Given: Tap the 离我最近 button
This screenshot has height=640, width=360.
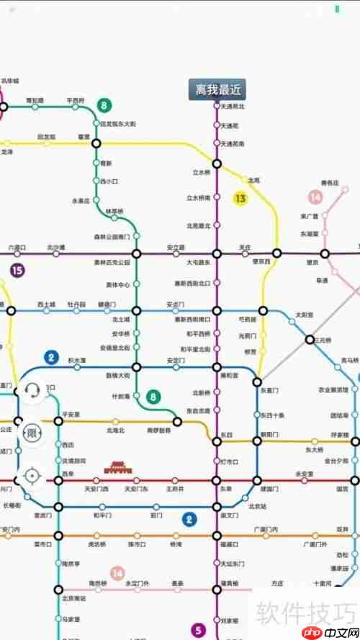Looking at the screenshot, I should [217, 89].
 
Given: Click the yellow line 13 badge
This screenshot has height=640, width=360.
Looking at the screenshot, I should [240, 197].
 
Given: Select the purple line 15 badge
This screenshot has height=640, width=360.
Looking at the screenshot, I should [17, 271].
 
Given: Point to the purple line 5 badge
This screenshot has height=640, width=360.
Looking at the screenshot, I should [199, 629].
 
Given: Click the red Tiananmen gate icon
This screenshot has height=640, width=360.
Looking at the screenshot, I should [117, 468].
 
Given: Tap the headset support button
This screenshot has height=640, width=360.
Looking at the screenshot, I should [32, 390].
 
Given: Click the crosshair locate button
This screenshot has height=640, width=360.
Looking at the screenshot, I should [32, 475].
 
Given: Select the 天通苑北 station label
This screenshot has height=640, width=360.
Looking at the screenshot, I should [233, 107].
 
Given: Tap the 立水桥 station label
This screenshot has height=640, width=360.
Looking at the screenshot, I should [201, 173].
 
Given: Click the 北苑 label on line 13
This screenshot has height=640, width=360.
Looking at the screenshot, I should [253, 180].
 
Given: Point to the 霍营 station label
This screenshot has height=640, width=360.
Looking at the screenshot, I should [84, 136].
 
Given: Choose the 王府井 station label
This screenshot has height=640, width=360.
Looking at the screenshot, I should [176, 489].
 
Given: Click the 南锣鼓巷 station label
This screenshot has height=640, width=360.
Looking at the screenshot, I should [158, 430].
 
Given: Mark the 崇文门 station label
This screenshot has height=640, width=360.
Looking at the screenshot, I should [230, 515].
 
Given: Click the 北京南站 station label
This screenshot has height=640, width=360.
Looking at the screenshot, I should [73, 598].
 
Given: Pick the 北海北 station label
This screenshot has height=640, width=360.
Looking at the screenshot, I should [115, 430].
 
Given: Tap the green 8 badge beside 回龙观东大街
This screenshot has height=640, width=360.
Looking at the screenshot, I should [104, 106].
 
